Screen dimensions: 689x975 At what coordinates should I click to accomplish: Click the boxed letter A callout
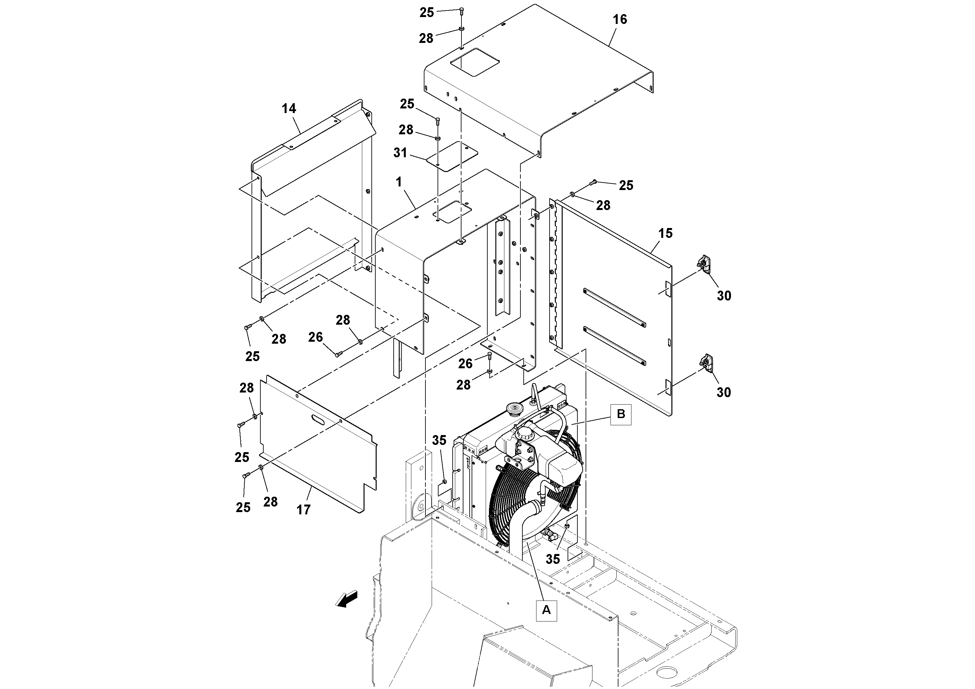(x=546, y=610)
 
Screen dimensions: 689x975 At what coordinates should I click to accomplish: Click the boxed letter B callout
(x=620, y=414)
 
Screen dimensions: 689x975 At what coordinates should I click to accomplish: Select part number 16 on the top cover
(x=620, y=20)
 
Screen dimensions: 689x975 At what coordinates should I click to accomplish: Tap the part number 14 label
(x=289, y=109)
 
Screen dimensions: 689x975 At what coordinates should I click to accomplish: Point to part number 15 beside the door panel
(x=665, y=233)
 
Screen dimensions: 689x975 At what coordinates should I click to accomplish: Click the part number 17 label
(x=303, y=510)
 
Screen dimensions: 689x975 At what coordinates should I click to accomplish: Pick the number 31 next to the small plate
(x=400, y=153)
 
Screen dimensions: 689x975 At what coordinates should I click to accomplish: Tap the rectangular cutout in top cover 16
(x=474, y=62)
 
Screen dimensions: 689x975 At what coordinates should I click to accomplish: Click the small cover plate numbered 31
(x=451, y=156)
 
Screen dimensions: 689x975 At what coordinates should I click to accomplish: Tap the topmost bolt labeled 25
(x=461, y=11)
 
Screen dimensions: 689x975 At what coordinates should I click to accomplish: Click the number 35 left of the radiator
(x=439, y=441)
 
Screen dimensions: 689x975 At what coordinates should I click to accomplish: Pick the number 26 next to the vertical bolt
(x=465, y=364)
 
